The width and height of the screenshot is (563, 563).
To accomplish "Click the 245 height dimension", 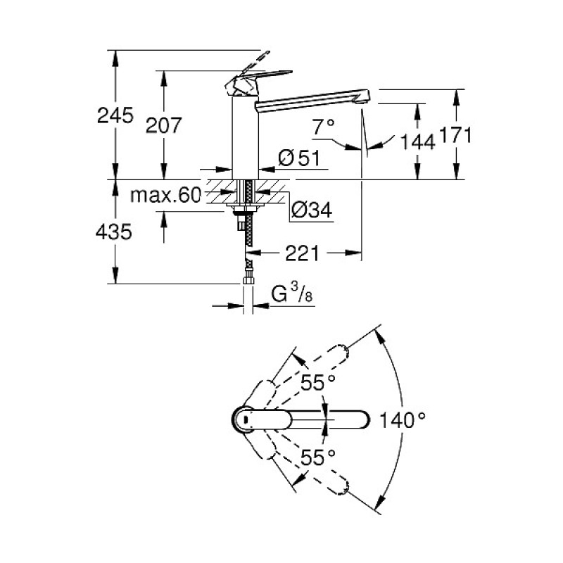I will tap(116, 115).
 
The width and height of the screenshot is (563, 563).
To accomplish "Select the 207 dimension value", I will tap(163, 125).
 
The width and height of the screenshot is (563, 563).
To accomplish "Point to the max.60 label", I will tap(165, 196).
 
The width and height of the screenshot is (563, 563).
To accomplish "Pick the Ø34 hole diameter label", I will tap(311, 210).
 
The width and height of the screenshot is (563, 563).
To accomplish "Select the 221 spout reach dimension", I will tap(303, 253).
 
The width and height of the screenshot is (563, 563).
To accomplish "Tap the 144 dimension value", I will tap(418, 141).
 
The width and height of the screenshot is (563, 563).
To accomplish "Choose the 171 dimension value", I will tap(456, 134).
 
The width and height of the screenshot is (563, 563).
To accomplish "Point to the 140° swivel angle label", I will tap(403, 420).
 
